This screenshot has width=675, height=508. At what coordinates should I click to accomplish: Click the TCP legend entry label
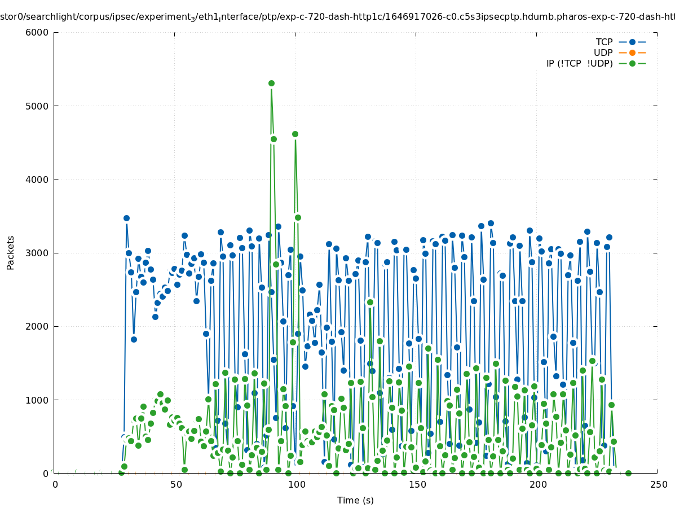pyautogui.click(x=604, y=42)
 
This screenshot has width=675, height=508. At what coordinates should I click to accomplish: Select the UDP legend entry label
pyautogui.click(x=603, y=52)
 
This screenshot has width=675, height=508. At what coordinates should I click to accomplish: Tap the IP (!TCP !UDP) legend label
pyautogui.click(x=579, y=63)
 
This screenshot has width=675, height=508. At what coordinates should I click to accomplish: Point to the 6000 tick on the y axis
pyautogui.click(x=37, y=32)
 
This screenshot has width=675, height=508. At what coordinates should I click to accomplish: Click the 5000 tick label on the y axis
pyautogui.click(x=37, y=106)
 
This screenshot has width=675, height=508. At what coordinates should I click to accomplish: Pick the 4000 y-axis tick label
pyautogui.click(x=37, y=179)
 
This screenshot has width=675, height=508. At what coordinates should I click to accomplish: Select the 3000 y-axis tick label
pyautogui.click(x=37, y=253)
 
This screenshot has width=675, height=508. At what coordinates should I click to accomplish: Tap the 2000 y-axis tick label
pyautogui.click(x=37, y=326)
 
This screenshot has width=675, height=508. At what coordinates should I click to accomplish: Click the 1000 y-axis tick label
pyautogui.click(x=37, y=400)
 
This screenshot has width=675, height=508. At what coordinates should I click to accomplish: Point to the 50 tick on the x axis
pyautogui.click(x=176, y=484)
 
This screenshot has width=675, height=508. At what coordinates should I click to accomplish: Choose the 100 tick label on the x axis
pyautogui.click(x=297, y=484)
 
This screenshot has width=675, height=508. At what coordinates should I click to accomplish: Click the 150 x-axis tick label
pyautogui.click(x=417, y=484)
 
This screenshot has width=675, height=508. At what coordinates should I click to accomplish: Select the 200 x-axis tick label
pyautogui.click(x=538, y=484)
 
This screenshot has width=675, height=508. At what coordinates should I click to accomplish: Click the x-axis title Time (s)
pyautogui.click(x=355, y=500)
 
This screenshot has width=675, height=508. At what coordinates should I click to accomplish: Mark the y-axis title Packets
pyautogui.click(x=11, y=253)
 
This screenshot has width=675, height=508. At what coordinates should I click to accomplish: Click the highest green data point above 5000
pyautogui.click(x=271, y=83)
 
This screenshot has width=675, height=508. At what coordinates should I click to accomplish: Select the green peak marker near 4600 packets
pyautogui.click(x=295, y=134)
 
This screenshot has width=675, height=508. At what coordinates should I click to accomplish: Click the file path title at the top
pyautogui.click(x=337, y=17)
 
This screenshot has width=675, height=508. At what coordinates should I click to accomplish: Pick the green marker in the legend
pyautogui.click(x=632, y=63)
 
